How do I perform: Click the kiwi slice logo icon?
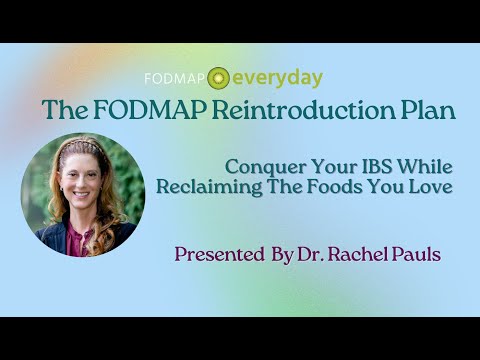tap(219, 78)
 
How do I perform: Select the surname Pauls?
tap(413, 254)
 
